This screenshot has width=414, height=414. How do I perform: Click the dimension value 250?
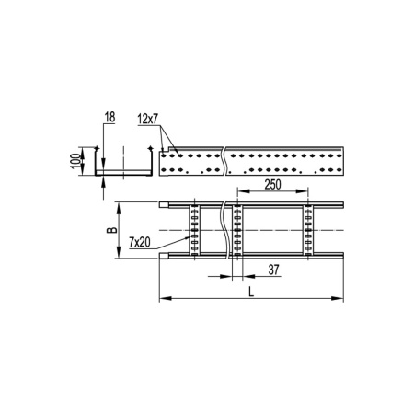[273, 186]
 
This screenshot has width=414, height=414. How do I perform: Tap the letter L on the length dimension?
[250, 292]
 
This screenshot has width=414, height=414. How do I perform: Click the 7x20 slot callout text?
[141, 243]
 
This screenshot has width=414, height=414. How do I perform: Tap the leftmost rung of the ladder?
[193, 229]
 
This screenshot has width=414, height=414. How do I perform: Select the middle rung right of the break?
[236, 229]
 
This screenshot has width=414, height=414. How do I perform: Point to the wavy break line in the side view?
[224, 161]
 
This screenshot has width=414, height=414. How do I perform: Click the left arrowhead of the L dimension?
[163, 299]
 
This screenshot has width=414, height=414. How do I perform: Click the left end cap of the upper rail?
[165, 204]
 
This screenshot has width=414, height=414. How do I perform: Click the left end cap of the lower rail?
[165, 255]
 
